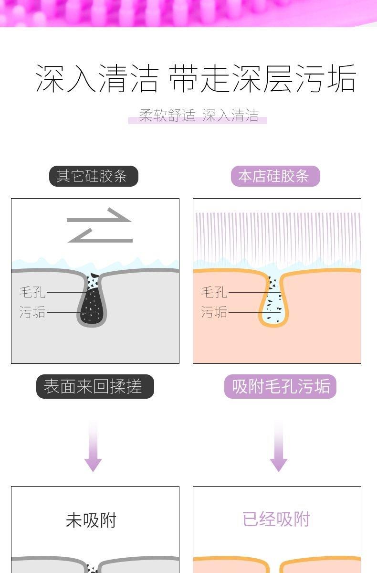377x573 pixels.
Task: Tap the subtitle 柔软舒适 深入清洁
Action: pos(198,116)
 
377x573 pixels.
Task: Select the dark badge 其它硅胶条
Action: pos(94,176)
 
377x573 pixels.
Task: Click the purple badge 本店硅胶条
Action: pos(275,176)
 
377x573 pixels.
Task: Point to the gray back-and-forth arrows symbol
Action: pos(99,225)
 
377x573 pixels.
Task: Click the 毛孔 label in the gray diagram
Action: pos(32,292)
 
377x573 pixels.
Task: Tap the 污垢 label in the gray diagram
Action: pos(32,312)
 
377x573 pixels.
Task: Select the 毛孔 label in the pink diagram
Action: pos(214,292)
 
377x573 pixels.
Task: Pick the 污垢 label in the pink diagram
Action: pos(214,312)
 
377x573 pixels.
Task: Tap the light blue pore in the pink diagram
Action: pos(274,306)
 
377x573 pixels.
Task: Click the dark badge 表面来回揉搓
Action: pos(95,386)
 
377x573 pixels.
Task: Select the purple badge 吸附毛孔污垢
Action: pos(280,386)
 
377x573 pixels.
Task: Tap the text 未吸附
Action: pos(91,520)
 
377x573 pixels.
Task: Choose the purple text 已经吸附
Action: pos(276,519)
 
